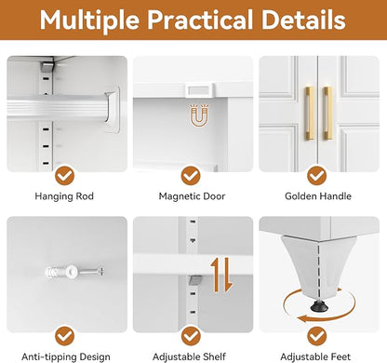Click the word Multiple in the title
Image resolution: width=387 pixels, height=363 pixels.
(x=90, y=20)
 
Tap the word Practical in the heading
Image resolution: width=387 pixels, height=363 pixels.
(x=200, y=20)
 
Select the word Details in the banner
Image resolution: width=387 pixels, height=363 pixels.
(x=303, y=20)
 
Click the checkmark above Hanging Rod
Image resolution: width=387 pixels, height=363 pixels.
(x=65, y=176)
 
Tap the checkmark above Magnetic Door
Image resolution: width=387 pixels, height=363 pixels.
(x=191, y=176)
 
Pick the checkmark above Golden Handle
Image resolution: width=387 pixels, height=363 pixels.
(x=317, y=176)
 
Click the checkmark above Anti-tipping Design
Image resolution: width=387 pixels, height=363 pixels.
(x=65, y=336)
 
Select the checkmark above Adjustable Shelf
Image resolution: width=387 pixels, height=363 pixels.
(x=191, y=336)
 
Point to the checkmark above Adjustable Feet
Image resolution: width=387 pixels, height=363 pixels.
(x=317, y=336)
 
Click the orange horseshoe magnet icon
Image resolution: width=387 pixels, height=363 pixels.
(x=199, y=115)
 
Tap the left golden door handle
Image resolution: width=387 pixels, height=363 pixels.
(x=309, y=114)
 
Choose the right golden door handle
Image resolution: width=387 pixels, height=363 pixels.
(x=327, y=114)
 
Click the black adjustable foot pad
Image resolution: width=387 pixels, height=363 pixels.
(x=319, y=306)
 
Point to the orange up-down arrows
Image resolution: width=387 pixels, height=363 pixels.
(x=221, y=275)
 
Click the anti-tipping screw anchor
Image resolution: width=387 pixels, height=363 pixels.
(x=74, y=272)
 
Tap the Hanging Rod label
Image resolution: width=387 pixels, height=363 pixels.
(x=64, y=196)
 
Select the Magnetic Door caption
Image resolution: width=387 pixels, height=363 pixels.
(x=192, y=196)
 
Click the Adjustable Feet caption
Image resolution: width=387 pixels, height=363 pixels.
(x=315, y=356)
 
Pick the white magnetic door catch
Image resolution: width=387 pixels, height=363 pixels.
(x=200, y=90)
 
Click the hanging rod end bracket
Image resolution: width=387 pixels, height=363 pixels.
(x=113, y=109)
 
